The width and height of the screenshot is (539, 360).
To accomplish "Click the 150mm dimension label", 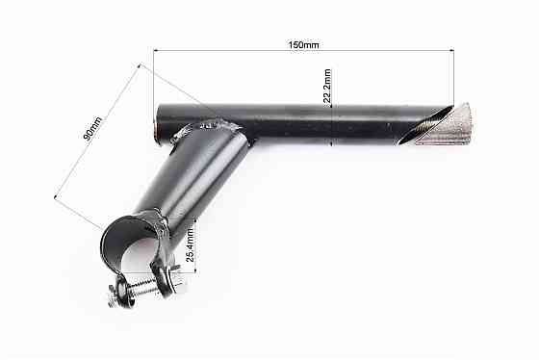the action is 305,44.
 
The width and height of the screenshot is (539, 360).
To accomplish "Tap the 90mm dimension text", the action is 92,127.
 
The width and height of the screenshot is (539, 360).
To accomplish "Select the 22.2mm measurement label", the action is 327,87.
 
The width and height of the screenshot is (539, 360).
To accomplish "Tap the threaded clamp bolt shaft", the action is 144,287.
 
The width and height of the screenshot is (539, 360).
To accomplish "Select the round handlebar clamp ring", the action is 131,236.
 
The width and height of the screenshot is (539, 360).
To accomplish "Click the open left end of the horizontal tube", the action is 157,126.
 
